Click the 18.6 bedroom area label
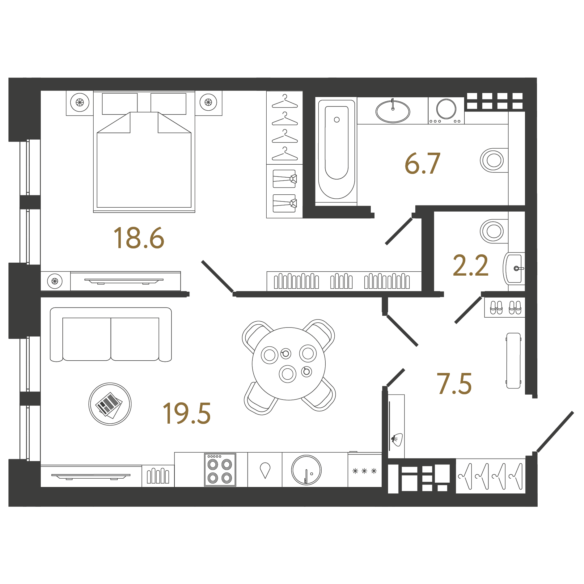coord(139,238)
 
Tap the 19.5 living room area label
coord(187,413)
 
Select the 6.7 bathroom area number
coord(422,163)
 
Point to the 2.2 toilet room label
coord(470,265)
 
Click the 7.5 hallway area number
coord(454,384)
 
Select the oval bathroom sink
coord(393,111)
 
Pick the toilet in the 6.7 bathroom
coord(494,160)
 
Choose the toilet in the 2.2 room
coord(494,231)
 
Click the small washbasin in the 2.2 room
coord(514,268)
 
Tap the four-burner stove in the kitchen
coord(220,470)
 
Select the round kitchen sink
coord(306,470)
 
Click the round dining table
coord(289,364)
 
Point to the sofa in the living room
coord(111,334)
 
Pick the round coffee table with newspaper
coord(110,404)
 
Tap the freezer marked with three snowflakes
coord(365,471)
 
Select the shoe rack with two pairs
coord(505,308)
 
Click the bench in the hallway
coord(514,360)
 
